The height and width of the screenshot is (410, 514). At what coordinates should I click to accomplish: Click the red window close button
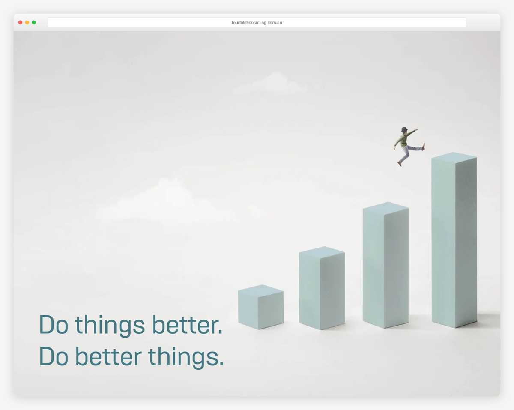20,22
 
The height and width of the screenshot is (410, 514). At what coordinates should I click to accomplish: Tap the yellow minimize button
27,22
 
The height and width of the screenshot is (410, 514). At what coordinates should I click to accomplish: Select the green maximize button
34,22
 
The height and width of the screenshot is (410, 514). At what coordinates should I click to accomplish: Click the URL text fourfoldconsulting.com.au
257,23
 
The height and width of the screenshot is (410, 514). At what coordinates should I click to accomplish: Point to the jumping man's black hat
404,129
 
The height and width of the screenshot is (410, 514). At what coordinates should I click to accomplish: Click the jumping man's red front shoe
424,147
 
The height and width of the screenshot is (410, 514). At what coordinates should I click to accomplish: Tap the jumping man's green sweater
403,140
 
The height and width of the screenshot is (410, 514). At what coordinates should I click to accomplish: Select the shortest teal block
260,309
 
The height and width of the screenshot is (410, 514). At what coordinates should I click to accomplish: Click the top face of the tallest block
454,156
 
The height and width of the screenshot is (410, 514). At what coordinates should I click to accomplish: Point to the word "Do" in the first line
54,325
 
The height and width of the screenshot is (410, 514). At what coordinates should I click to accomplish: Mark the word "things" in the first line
110,326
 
